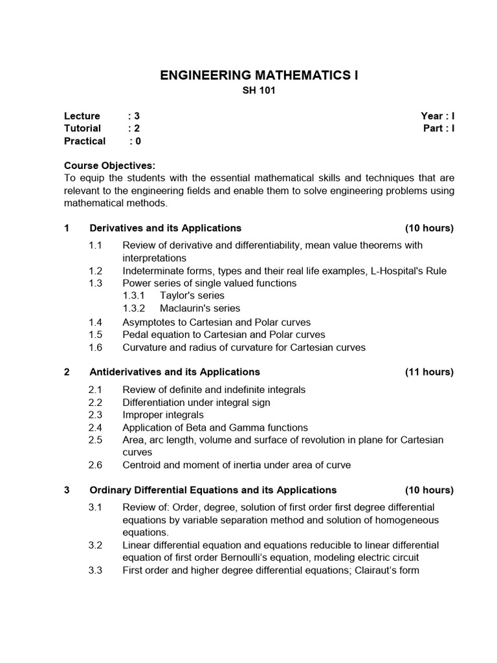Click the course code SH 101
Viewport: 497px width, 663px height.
pos(259,91)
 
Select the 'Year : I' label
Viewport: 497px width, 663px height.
pos(437,116)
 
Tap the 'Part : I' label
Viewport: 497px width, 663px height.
pos(438,128)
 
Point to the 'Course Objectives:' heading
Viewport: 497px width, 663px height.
pos(109,165)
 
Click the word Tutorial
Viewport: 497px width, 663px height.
pos(82,128)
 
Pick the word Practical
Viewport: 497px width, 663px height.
pos(85,140)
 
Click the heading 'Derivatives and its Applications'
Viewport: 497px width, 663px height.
pos(165,228)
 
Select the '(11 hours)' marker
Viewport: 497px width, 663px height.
pos(429,372)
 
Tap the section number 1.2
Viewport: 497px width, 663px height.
pos(96,271)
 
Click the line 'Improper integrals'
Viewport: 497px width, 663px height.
pos(162,414)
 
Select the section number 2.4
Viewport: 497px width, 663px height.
pos(96,427)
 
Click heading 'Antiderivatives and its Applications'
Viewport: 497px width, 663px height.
pos(175,372)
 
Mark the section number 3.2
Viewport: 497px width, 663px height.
pos(96,545)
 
